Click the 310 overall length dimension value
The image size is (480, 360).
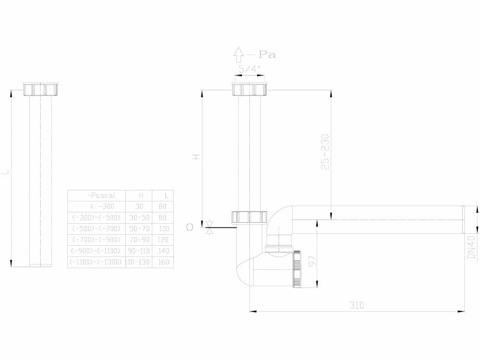pos(356,305)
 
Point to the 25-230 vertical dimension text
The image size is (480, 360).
pos(325,152)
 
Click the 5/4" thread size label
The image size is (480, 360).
pos(249,68)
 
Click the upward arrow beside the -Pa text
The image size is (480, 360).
pos(238,54)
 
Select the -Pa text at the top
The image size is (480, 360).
pos(262,54)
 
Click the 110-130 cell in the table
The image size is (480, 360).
pos(138,262)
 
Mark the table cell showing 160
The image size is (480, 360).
pos(163,262)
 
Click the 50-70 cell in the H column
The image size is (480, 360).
pos(139,229)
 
